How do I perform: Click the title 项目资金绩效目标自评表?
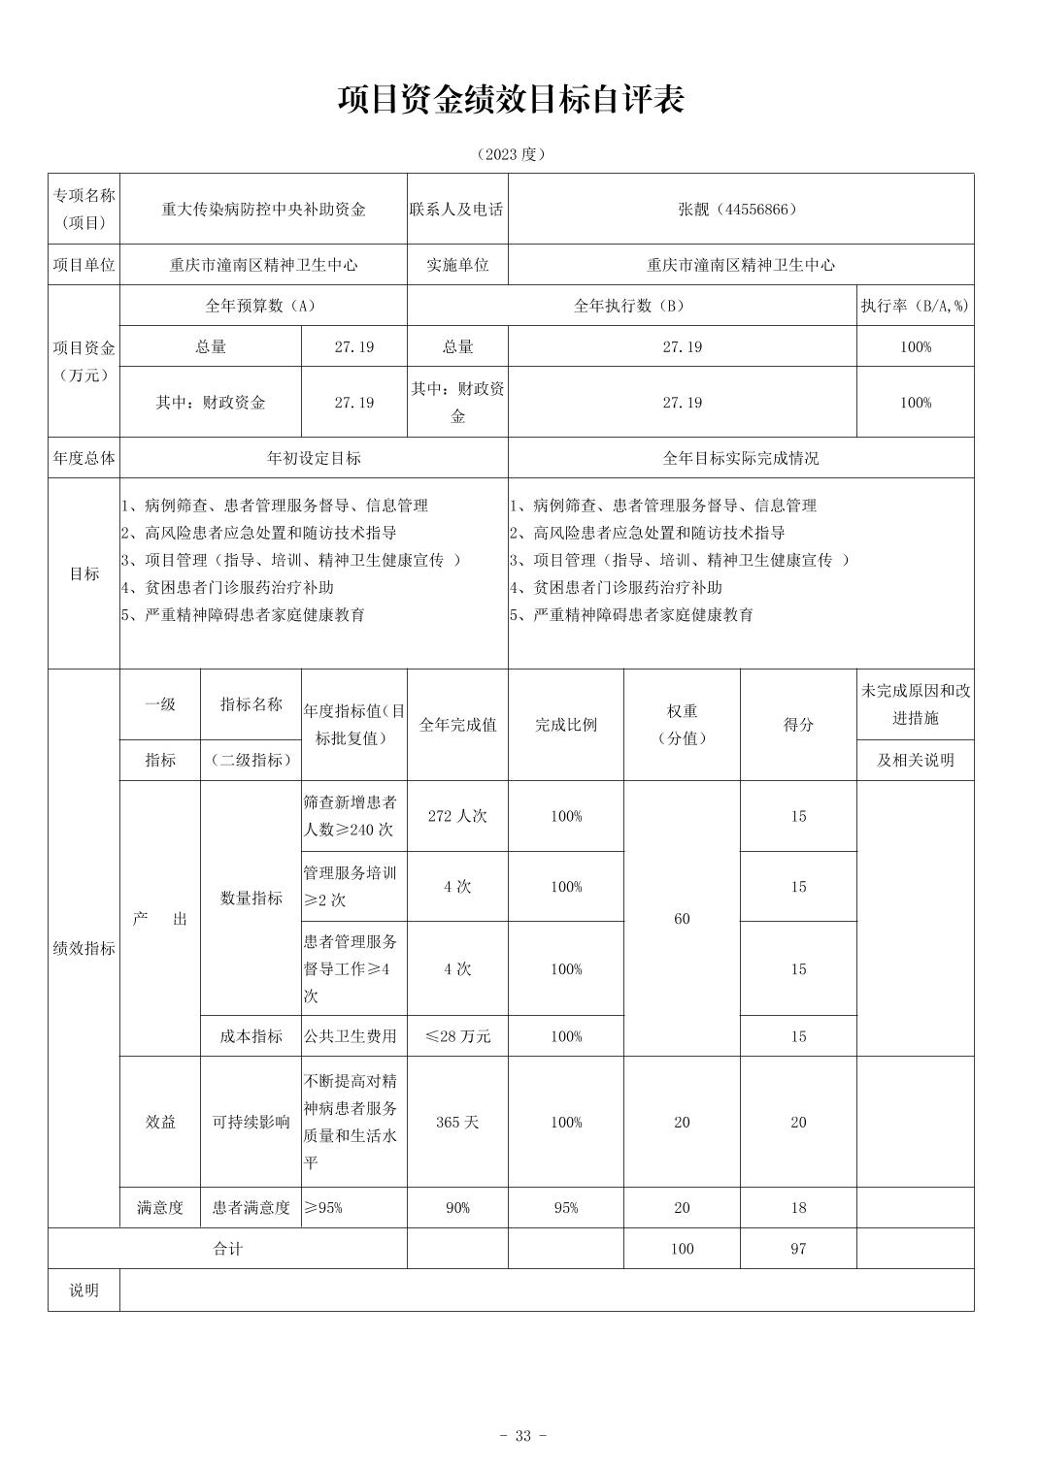point(512,100)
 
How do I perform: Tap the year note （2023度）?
point(512,154)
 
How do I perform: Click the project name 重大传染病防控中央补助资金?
point(263,210)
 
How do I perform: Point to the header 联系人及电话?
point(456,210)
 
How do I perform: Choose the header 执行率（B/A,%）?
point(915,306)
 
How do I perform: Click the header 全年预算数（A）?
point(261,306)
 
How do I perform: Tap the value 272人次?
point(457,817)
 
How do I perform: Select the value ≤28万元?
point(457,1036)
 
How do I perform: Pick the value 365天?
point(457,1123)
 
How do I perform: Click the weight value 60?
point(682,919)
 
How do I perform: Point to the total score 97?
point(798,1249)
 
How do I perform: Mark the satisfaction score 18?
point(798,1208)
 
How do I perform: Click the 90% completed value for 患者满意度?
point(457,1208)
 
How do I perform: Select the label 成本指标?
point(251,1036)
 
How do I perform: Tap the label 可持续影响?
point(251,1123)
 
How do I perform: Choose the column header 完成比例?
point(566,725)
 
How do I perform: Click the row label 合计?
point(228,1249)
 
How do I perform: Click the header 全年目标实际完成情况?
point(740,458)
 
